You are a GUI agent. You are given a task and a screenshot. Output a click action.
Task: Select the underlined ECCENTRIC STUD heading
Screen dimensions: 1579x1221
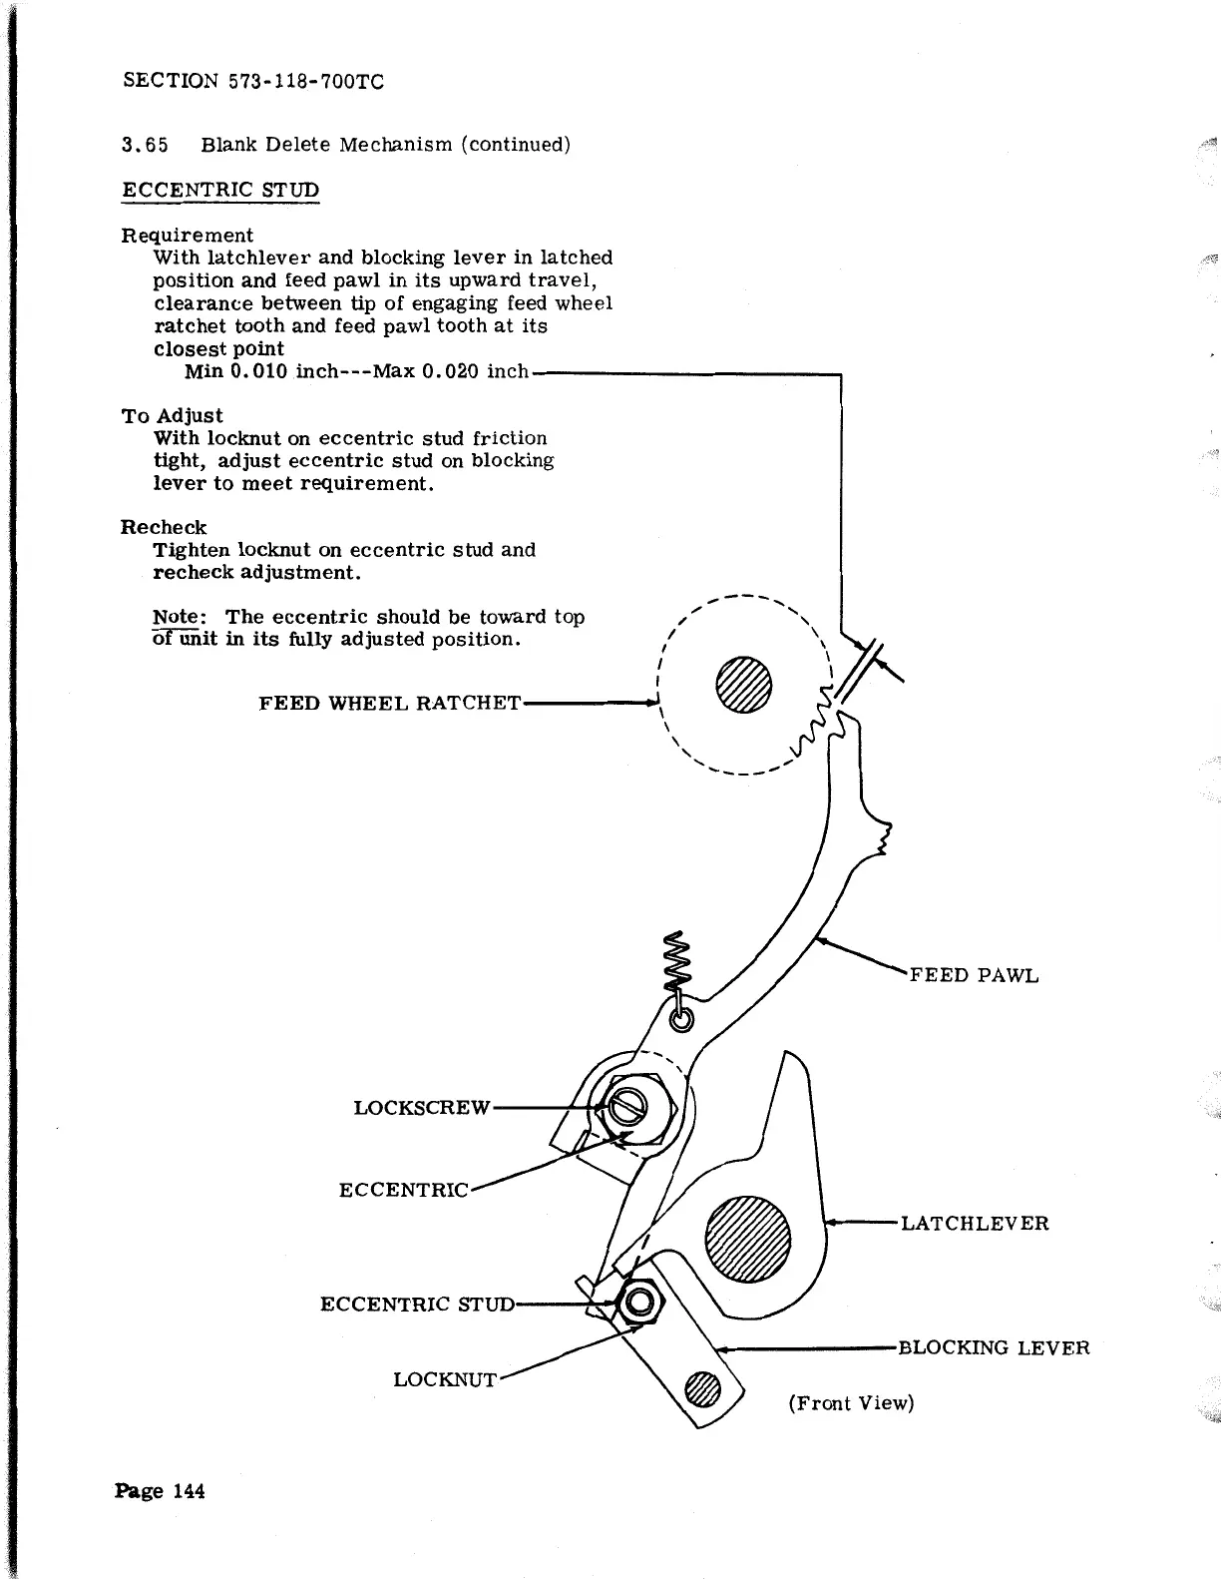click(x=220, y=190)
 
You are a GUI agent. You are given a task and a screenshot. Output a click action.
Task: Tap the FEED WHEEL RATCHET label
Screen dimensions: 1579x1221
click(x=389, y=703)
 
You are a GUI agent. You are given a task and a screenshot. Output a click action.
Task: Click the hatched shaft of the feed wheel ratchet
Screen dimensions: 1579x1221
click(x=744, y=684)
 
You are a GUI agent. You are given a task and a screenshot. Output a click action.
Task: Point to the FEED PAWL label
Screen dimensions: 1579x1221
click(x=974, y=975)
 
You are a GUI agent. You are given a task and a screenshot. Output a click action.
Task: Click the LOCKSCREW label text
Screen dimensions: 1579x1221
click(x=422, y=1108)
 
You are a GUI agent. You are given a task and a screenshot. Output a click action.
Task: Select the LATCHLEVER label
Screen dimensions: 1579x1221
click(x=974, y=1224)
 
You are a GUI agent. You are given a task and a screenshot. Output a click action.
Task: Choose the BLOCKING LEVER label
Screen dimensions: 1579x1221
click(x=994, y=1348)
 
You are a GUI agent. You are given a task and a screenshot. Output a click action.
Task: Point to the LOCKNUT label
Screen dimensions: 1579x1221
click(x=444, y=1379)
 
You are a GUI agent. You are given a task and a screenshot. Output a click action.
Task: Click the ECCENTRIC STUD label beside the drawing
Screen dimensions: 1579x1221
click(x=417, y=1304)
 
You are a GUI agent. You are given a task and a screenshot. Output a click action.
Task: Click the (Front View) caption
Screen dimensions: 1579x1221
click(x=851, y=1403)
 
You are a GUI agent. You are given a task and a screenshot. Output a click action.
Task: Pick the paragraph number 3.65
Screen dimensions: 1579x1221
click(x=144, y=145)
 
